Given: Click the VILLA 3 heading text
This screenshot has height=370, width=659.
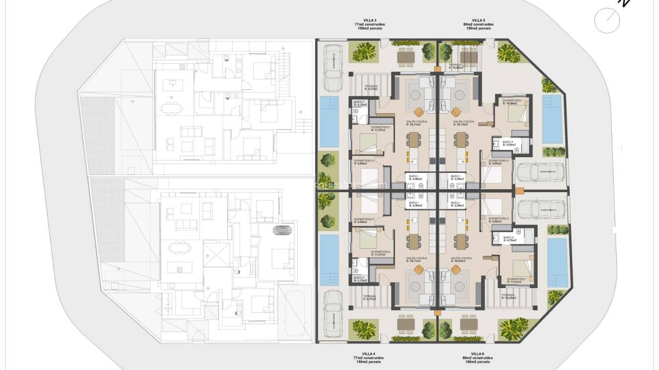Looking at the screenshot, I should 370,20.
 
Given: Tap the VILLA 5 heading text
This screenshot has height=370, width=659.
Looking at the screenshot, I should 478,20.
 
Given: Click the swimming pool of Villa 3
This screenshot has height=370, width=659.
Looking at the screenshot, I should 330,121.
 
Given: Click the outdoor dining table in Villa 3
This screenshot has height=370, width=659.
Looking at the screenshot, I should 406,56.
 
